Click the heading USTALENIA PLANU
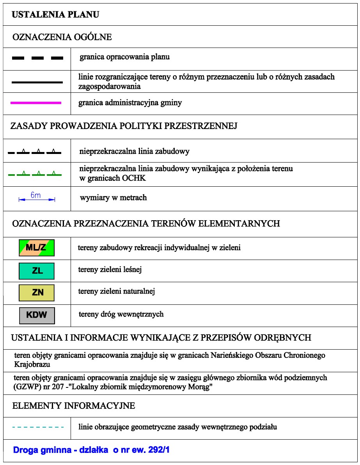(x=56, y=15)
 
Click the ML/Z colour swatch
(x=37, y=247)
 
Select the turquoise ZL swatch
(x=37, y=271)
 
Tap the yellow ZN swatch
(x=37, y=292)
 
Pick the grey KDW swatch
(x=37, y=315)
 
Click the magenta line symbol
(x=36, y=103)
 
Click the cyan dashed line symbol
(x=38, y=427)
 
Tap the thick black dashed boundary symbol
(x=37, y=58)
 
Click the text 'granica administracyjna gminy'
(x=130, y=103)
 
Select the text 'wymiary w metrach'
(x=113, y=198)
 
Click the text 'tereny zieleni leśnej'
(x=110, y=269)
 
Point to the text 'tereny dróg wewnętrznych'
(x=121, y=314)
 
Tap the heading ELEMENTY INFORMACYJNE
(x=74, y=406)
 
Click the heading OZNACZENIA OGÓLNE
(x=62, y=37)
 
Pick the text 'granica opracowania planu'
(x=124, y=57)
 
